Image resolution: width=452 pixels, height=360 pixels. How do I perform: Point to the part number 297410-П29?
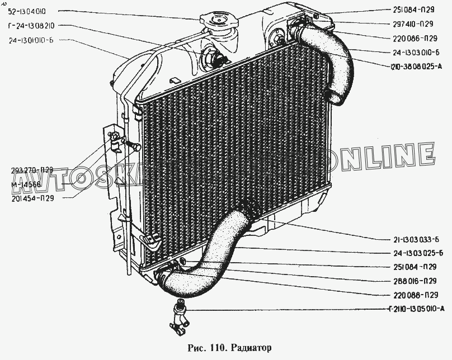coord(409,23)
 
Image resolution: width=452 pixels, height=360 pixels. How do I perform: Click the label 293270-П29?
coord(32,170)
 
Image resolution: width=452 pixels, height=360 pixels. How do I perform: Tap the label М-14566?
coord(26,184)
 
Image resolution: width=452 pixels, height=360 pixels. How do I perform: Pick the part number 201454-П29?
coord(32,198)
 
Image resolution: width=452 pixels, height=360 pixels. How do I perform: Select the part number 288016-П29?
coord(411,281)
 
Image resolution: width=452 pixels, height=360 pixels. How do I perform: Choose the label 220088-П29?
coord(411,295)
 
